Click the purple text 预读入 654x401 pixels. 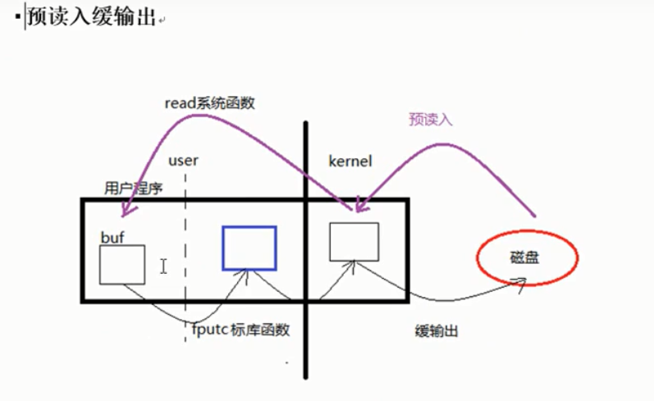[x=431, y=119]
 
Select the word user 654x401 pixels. [x=182, y=161]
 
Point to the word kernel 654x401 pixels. [x=350, y=161]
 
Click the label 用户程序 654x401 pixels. [x=134, y=188]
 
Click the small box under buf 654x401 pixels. [x=122, y=264]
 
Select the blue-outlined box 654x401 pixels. [x=249, y=248]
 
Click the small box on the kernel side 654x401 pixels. [x=354, y=241]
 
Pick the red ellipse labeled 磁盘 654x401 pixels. [x=528, y=258]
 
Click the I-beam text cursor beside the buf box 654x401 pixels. [x=163, y=266]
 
